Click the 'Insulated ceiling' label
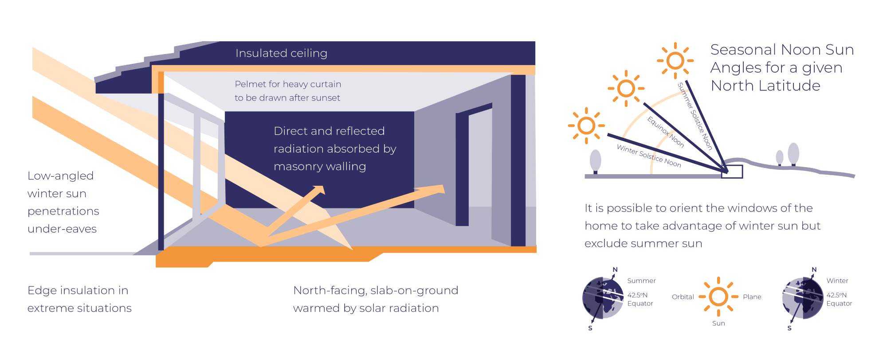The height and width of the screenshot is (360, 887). [281, 53]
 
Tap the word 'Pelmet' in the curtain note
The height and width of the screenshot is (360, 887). [248, 84]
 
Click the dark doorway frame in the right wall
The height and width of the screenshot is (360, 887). [462, 168]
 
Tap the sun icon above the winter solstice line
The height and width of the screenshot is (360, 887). [586, 125]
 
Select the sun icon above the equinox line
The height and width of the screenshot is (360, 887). [626, 88]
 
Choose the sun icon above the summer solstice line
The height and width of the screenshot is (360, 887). [675, 61]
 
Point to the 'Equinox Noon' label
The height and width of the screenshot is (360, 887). [665, 132]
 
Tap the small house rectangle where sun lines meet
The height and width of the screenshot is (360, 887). [732, 172]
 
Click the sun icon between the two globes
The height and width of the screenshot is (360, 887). [718, 297]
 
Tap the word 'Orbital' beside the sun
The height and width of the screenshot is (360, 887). [683, 297]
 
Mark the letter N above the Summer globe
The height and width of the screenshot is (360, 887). [615, 270]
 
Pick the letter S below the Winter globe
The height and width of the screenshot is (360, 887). [789, 329]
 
